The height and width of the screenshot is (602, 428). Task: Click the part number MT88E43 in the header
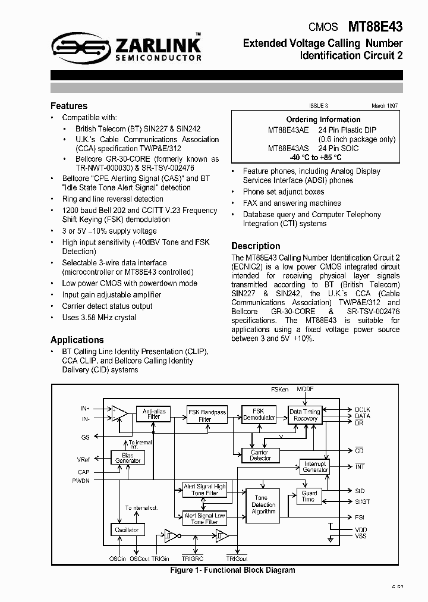(375, 27)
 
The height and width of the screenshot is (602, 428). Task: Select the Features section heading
(69, 106)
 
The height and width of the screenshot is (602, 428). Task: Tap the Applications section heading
(77, 340)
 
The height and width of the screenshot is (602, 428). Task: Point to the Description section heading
(256, 246)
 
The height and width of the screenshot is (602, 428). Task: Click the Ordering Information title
(323, 120)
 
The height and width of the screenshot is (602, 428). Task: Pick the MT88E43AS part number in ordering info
(288, 148)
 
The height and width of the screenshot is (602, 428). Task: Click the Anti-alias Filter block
(154, 414)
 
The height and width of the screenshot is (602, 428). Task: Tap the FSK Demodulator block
(259, 414)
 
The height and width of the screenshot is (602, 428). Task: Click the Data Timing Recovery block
(305, 415)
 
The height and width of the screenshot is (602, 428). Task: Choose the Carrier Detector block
(260, 455)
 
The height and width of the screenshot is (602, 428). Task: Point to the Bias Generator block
(128, 457)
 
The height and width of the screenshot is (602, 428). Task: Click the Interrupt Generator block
(315, 466)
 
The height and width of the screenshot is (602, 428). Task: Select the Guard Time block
(309, 496)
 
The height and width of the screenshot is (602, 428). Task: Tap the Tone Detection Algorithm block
(263, 504)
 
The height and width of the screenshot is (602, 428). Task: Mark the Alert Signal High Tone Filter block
(204, 490)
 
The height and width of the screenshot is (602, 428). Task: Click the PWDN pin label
(81, 480)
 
